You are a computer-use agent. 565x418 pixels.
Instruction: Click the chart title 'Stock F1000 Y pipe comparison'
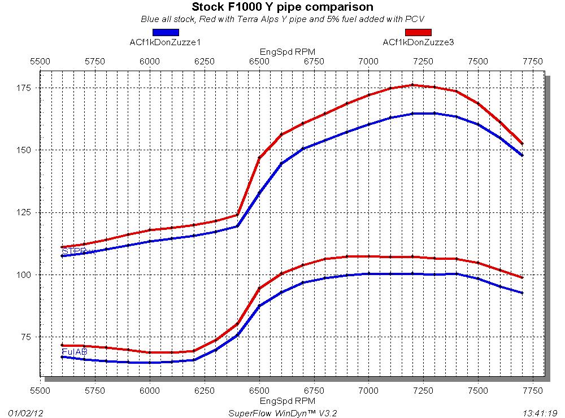(282, 7)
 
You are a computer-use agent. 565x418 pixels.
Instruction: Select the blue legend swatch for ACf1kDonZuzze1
(166, 32)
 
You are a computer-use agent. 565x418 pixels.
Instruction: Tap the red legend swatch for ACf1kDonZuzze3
(418, 32)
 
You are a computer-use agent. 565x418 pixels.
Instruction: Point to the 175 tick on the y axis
(25, 88)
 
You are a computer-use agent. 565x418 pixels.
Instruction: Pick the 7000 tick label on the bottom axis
(368, 390)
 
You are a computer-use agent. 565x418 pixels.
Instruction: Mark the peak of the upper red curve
(412, 85)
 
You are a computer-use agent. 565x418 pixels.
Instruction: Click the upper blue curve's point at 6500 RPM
(259, 193)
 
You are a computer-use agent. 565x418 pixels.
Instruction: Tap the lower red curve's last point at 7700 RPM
(522, 277)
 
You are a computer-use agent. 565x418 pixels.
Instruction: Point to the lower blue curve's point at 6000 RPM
(150, 363)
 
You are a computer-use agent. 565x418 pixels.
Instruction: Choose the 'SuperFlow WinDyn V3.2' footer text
(282, 412)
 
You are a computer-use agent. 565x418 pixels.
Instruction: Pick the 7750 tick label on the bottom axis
(533, 390)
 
